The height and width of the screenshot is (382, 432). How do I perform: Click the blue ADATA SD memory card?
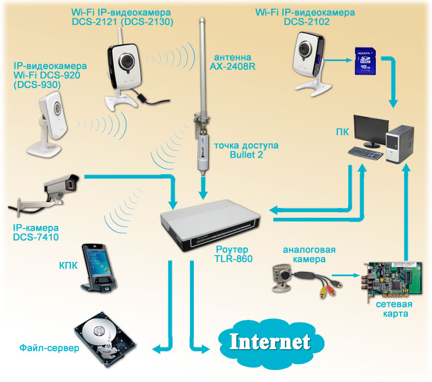tap(365, 61)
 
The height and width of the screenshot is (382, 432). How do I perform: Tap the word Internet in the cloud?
tap(270, 342)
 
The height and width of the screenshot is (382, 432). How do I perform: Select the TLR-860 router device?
tap(210, 225)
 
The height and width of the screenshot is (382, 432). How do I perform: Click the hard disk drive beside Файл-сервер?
tap(105, 339)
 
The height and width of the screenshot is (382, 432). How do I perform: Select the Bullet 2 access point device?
tap(203, 152)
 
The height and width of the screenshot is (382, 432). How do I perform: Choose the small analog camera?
tap(282, 278)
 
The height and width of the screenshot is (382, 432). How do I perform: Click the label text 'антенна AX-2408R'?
tap(233, 62)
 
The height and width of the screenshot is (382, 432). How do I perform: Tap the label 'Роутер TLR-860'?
tap(233, 254)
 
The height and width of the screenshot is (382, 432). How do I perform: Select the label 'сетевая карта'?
tap(394, 309)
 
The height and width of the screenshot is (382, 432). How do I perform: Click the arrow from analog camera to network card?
tap(346, 275)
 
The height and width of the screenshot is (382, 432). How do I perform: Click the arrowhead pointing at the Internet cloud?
tap(205, 349)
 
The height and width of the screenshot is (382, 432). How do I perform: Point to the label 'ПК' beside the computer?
tap(342, 132)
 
